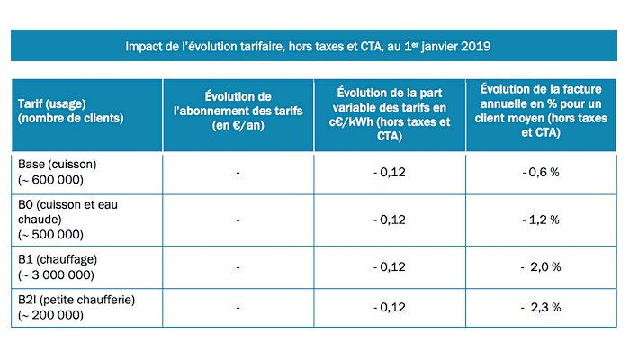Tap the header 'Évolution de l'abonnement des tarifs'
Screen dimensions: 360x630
coord(238,111)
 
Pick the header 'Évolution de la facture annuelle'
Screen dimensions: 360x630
coord(541,111)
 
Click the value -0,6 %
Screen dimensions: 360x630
coord(542,172)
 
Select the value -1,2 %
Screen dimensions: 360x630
coord(542,220)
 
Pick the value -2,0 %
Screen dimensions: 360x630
coord(543,267)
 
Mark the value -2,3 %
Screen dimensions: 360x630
coord(543,307)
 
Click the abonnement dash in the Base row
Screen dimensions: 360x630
coord(238,172)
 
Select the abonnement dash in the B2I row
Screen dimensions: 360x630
coord(238,307)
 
